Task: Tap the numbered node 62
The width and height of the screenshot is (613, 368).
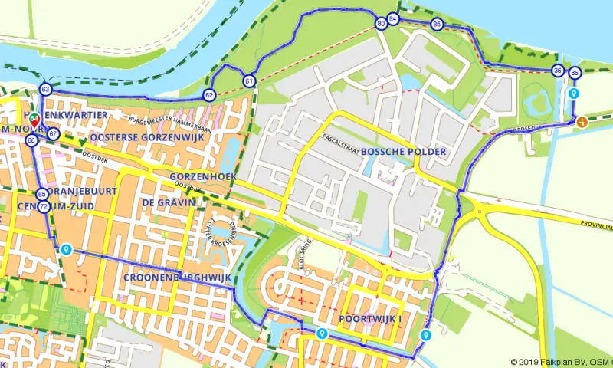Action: (208, 95)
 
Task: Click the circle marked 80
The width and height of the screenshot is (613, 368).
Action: (381, 25)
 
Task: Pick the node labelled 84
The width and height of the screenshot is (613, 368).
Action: (393, 18)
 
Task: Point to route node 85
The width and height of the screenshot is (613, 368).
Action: (436, 25)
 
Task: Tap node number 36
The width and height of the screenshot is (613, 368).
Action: (557, 71)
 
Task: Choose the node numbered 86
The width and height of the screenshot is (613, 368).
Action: (575, 74)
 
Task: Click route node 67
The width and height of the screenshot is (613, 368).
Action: (53, 133)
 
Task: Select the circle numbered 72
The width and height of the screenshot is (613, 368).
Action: (44, 207)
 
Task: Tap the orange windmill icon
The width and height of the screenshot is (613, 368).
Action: (582, 121)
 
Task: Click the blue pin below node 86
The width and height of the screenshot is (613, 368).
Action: (575, 94)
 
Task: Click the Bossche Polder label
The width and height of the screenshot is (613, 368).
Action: (402, 152)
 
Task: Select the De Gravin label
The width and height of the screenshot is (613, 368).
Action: (169, 202)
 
